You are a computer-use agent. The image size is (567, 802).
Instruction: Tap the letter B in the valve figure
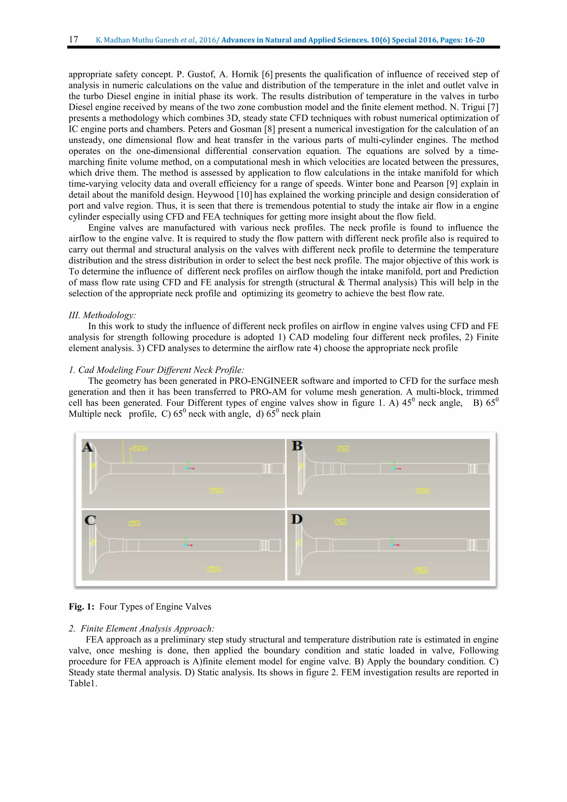(x=297, y=446)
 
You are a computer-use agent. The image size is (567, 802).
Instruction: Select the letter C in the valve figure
(x=90, y=520)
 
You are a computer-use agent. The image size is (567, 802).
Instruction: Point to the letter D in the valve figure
(x=297, y=519)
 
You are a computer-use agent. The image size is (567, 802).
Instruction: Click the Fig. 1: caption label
(x=81, y=606)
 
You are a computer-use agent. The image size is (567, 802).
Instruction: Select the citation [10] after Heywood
(x=244, y=195)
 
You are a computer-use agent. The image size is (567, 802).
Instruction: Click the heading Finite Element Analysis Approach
(x=147, y=628)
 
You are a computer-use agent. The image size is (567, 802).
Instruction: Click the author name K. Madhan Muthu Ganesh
(x=137, y=40)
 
